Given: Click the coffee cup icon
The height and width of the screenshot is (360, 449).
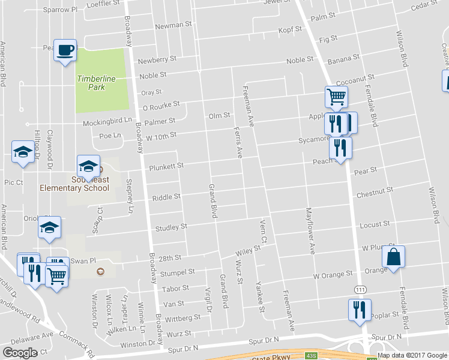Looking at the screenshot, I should pyautogui.click(x=65, y=49).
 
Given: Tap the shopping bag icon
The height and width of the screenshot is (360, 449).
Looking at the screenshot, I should pyautogui.click(x=393, y=256).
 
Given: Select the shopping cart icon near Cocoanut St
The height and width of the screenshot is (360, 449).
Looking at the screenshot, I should pyautogui.click(x=336, y=96).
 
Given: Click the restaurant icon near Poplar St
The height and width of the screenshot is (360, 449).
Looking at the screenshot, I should pyautogui.click(x=360, y=310).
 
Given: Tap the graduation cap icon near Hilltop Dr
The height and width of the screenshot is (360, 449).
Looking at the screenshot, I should pyautogui.click(x=23, y=151).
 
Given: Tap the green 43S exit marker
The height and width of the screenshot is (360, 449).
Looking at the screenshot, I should pyautogui.click(x=311, y=355).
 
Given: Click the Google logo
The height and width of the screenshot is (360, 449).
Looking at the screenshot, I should pyautogui.click(x=20, y=353).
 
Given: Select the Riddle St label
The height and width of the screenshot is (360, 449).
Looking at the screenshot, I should pyautogui.click(x=166, y=197).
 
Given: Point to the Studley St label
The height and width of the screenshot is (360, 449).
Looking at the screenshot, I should pyautogui.click(x=171, y=227).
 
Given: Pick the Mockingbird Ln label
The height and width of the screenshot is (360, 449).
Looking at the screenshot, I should pyautogui.click(x=116, y=123).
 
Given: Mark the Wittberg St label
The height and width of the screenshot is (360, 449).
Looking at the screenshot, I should pyautogui.click(x=184, y=317).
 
